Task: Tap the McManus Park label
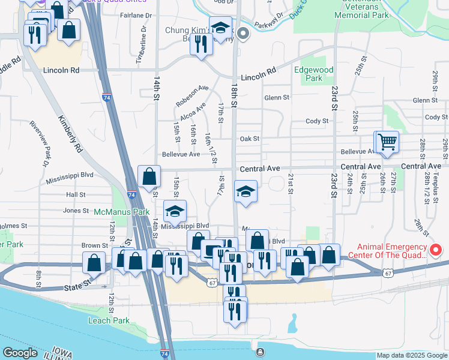click(x=121, y=212)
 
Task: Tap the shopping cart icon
click(x=387, y=142)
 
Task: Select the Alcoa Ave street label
click(x=193, y=110)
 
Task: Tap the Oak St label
click(x=249, y=139)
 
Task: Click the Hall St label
click(x=76, y=195)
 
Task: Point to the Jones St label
click(x=76, y=211)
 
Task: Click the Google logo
click(x=20, y=353)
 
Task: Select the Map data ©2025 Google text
click(x=412, y=355)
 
